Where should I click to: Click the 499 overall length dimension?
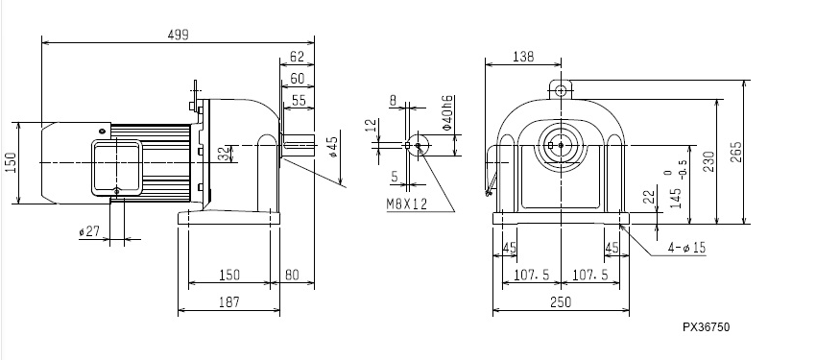point(178,35)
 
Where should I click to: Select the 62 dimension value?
point(297,57)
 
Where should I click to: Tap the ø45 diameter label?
point(333,147)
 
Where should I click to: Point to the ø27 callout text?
point(89,231)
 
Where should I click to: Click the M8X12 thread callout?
point(407,204)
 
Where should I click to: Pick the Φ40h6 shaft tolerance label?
point(447,112)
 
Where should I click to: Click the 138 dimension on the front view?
point(523,57)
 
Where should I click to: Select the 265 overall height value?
point(736,152)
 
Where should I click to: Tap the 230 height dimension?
point(708,161)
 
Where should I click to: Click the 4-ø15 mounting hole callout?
point(687,248)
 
